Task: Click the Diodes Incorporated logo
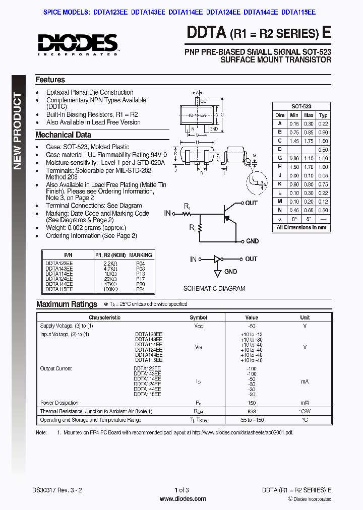(78, 44)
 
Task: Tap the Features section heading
(50, 80)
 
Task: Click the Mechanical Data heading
(63, 135)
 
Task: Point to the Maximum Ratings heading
(67, 304)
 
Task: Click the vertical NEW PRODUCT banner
(18, 131)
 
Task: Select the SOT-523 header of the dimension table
(301, 106)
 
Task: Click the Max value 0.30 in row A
(309, 123)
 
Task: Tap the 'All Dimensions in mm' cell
(301, 228)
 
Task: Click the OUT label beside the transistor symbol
(251, 203)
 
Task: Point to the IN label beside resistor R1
(167, 214)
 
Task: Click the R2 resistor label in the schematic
(193, 228)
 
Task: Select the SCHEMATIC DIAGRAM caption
(214, 289)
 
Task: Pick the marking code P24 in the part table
(140, 290)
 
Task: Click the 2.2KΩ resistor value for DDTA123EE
(110, 264)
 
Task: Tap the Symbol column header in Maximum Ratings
(198, 317)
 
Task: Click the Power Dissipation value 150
(252, 403)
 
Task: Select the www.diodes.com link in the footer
(183, 499)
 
